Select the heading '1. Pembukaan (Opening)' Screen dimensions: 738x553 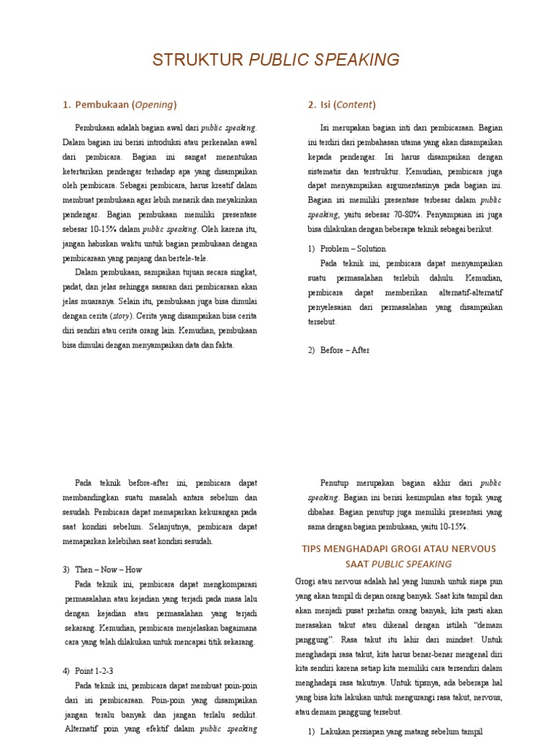point(120,105)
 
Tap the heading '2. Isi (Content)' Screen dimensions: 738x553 point(341,105)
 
